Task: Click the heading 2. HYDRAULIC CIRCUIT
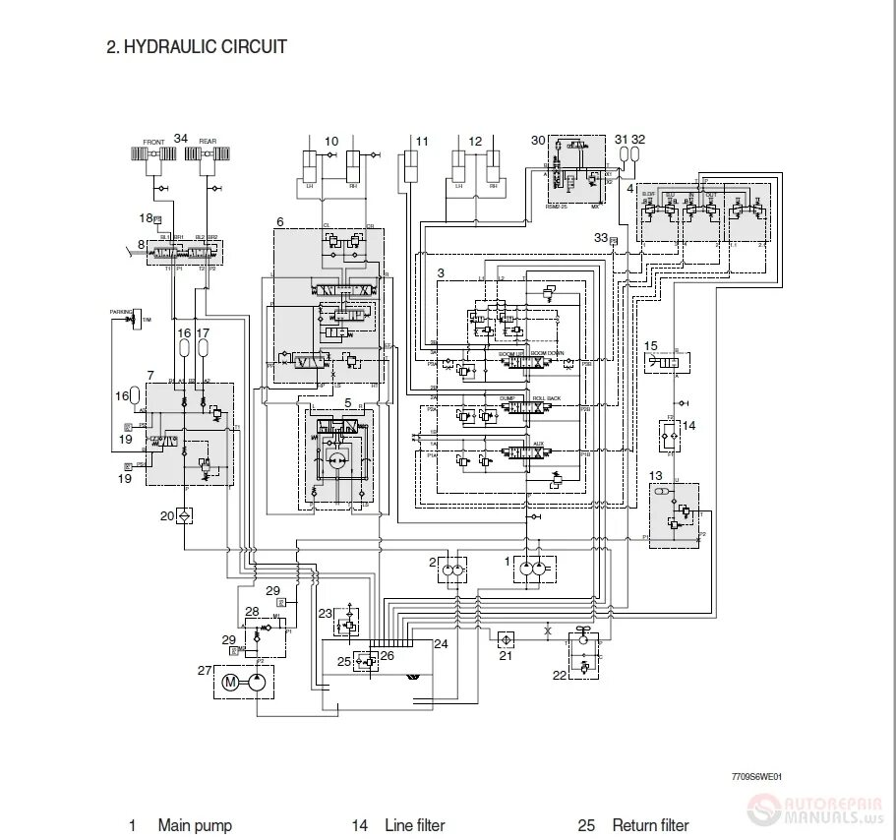point(197,46)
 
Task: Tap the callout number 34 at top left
point(181,139)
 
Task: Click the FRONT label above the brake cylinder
point(154,142)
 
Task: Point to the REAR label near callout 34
point(208,142)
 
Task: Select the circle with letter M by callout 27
point(231,682)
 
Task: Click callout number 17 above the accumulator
point(204,333)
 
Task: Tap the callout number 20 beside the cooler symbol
point(167,515)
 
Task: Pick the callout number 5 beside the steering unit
point(347,403)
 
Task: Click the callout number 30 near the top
point(537,140)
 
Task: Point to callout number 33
point(600,237)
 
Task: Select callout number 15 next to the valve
point(651,345)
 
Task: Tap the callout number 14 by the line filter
point(688,426)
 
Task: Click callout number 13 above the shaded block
point(656,477)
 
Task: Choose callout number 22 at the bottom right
point(560,675)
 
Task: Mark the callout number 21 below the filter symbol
point(506,656)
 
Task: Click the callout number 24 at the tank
point(441,644)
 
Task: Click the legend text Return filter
point(650,825)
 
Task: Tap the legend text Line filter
point(415,825)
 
